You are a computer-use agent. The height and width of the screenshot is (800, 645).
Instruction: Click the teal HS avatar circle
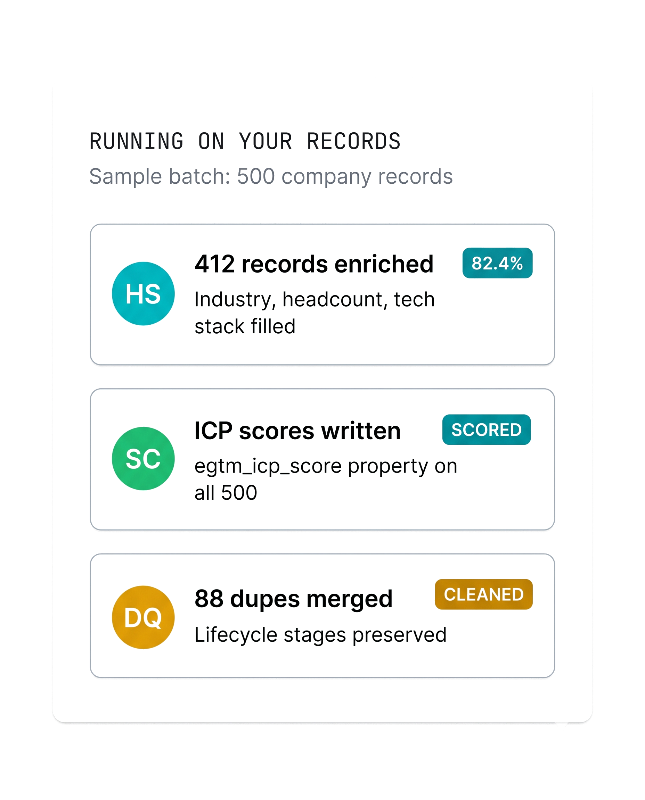click(x=143, y=294)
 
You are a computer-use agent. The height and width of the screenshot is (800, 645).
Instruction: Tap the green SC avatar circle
click(x=143, y=458)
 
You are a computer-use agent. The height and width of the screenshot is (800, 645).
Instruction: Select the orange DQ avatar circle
click(x=143, y=617)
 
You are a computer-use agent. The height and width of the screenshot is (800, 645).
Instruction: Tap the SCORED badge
click(x=486, y=430)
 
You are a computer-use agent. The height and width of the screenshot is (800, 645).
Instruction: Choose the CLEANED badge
click(x=484, y=594)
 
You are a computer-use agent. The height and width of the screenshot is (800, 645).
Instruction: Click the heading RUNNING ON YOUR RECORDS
click(x=245, y=141)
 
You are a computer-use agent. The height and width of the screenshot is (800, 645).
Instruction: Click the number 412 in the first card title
click(x=215, y=264)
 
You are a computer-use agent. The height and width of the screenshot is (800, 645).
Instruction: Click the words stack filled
click(x=245, y=326)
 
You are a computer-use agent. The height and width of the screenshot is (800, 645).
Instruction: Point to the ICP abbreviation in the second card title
click(x=213, y=431)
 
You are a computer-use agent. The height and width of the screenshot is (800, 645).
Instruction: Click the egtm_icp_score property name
click(x=268, y=466)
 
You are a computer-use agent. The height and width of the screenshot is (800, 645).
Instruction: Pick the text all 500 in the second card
click(x=226, y=493)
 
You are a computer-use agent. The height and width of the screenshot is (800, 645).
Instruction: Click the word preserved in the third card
click(x=399, y=635)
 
